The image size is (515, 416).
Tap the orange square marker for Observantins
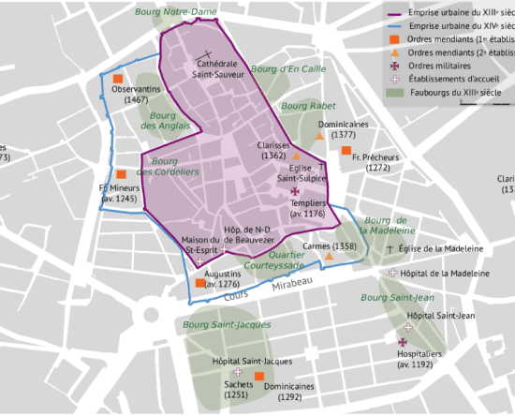[x=118, y=78]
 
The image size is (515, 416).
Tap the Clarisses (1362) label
[x=274, y=151]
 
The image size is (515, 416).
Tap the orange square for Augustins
[x=199, y=283]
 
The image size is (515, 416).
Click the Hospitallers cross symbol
[x=403, y=343]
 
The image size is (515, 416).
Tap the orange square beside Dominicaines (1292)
[x=260, y=376]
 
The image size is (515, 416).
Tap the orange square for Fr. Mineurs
[x=121, y=174]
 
